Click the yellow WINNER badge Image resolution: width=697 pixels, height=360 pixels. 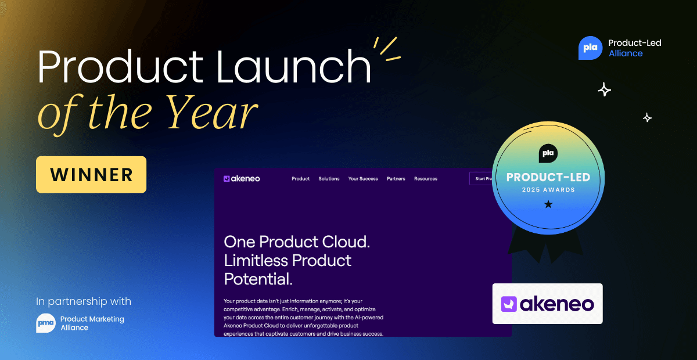[91, 175]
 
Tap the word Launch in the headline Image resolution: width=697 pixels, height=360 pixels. [293, 66]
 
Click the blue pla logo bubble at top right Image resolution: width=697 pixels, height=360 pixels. [590, 48]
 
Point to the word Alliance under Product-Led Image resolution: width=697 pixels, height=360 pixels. [626, 53]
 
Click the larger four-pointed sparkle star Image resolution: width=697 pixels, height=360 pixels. [605, 89]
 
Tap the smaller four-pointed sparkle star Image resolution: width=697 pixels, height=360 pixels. [647, 118]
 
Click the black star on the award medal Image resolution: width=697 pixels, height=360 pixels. [548, 204]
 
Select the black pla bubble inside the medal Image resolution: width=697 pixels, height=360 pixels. [548, 153]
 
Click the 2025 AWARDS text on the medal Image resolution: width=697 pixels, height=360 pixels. [548, 190]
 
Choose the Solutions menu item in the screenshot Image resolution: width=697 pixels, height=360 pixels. [329, 179]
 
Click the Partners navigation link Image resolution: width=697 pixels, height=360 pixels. [396, 179]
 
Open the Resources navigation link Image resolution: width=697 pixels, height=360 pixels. [426, 179]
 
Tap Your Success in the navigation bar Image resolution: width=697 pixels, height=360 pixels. [363, 179]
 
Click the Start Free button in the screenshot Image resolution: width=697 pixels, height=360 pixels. [482, 179]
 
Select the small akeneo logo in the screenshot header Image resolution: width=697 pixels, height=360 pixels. [242, 179]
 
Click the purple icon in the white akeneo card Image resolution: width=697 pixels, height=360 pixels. [509, 304]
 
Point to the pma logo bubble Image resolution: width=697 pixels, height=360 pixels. [46, 323]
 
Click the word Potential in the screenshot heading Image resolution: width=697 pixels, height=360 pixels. [258, 279]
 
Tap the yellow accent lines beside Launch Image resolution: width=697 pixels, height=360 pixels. [387, 49]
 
